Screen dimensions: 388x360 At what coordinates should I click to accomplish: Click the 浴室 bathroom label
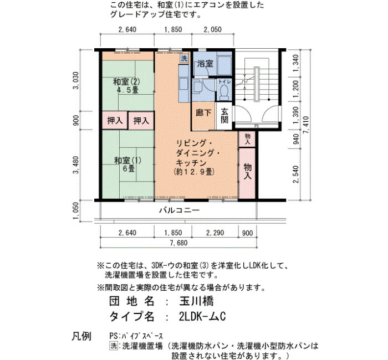coord(205,64)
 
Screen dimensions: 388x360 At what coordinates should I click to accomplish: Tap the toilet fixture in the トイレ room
coord(224,92)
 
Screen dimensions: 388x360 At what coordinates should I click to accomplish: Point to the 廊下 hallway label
coord(203,113)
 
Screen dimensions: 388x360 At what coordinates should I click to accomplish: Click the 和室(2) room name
coord(126,81)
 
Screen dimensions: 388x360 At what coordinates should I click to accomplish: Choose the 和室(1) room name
coord(127,161)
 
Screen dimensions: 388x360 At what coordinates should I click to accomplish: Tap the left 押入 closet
coord(115,120)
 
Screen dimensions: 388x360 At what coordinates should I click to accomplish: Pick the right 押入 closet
coord(141,120)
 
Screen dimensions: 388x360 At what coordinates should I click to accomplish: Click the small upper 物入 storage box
coord(247,139)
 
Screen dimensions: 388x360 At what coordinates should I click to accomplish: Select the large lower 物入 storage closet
coord(247,173)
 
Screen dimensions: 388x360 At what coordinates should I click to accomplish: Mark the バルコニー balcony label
coord(179,210)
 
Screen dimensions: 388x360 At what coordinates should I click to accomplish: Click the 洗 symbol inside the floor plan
coord(184,58)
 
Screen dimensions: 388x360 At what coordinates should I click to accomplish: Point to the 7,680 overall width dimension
coord(178,243)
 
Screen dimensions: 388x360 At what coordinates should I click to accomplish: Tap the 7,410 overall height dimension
coord(307,125)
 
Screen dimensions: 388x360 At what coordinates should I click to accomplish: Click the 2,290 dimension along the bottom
coord(215,233)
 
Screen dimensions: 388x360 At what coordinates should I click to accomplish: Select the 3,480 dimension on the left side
coord(76,165)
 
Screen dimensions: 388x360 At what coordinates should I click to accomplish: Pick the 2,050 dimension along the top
coord(212,29)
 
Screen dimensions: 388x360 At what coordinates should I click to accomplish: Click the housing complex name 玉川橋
coord(196,301)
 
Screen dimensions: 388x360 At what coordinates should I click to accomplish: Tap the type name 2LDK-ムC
coord(202,316)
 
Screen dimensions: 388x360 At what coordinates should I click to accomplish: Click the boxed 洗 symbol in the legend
coord(114,346)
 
